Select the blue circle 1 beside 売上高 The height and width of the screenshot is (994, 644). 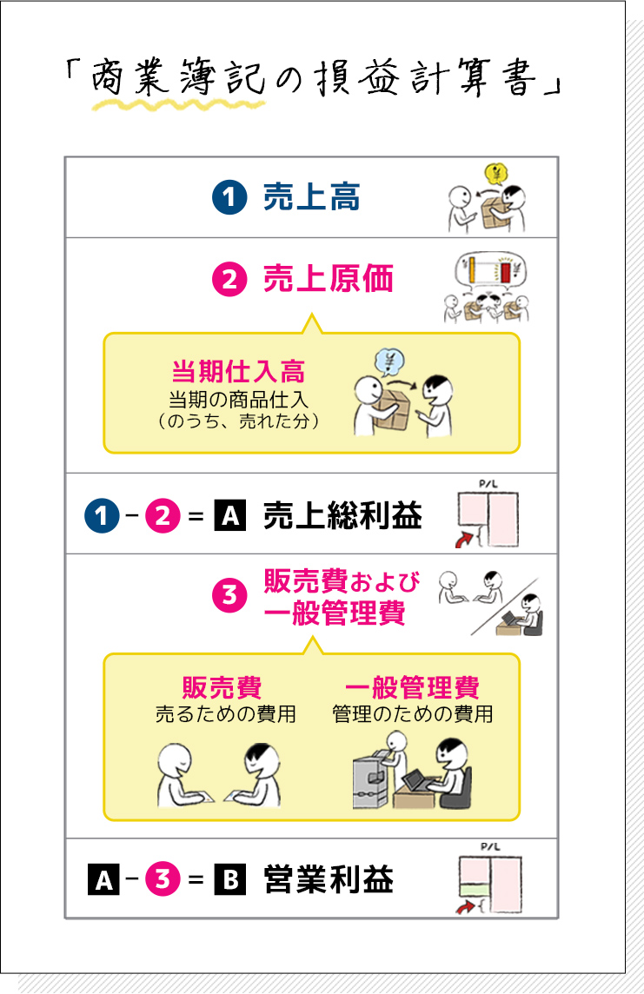tap(229, 198)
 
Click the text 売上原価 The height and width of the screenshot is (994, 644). tap(328, 279)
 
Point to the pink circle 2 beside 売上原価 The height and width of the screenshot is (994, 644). tap(229, 280)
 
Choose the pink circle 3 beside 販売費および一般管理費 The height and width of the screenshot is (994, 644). tap(229, 595)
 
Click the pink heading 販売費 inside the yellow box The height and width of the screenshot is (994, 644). tap(222, 688)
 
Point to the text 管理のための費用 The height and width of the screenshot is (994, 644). tap(413, 714)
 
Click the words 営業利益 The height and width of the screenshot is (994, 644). tap(328, 880)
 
